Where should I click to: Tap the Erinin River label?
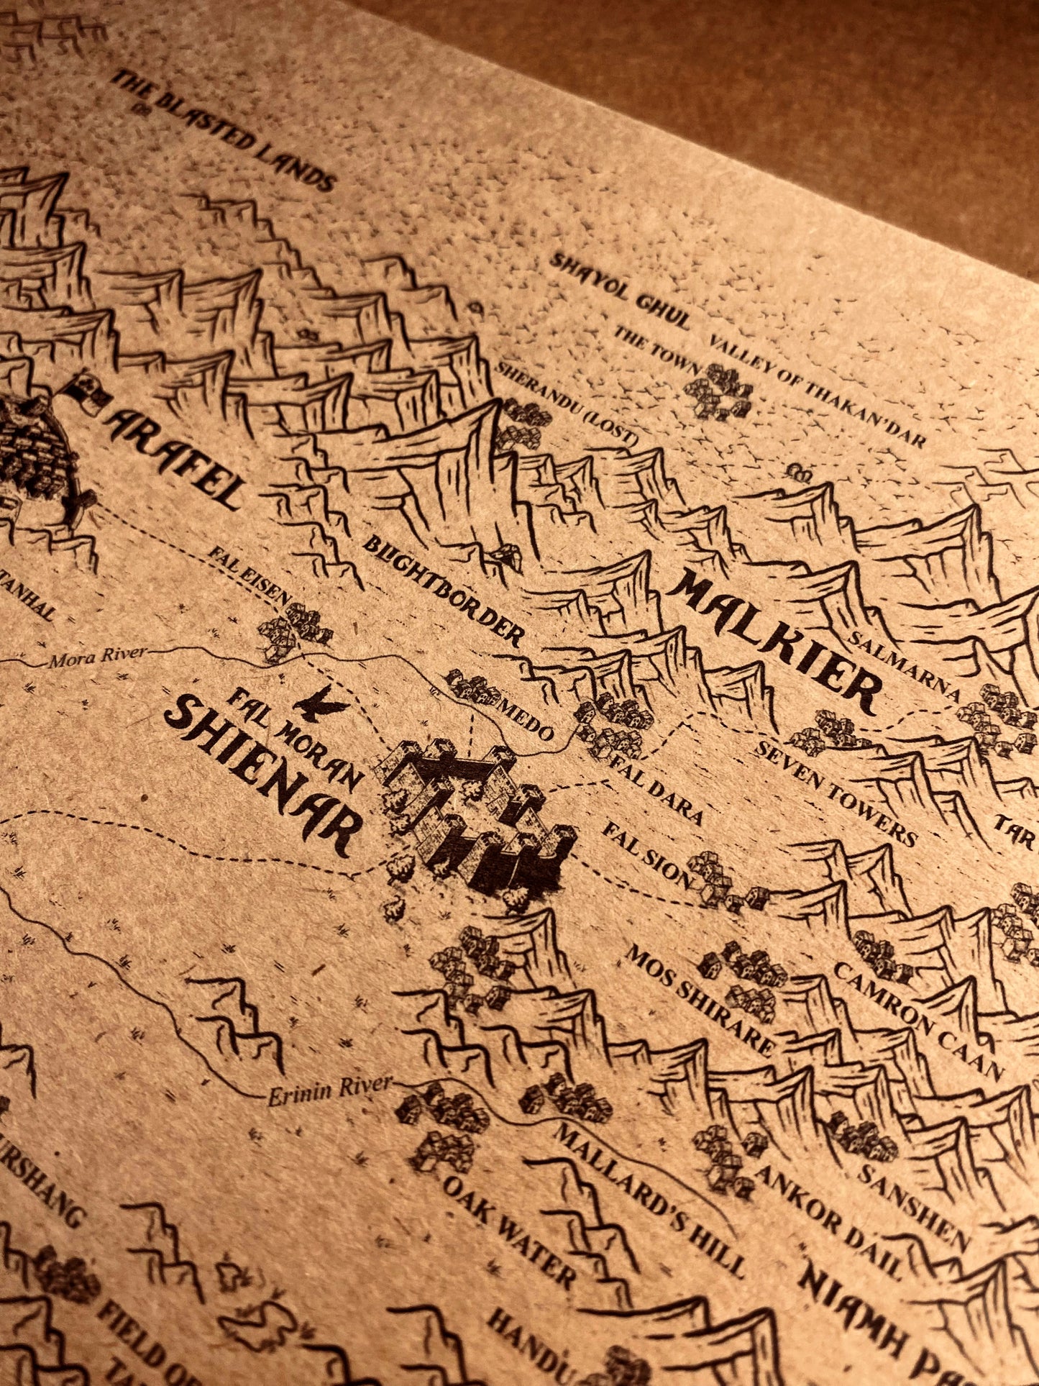(x=330, y=1088)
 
